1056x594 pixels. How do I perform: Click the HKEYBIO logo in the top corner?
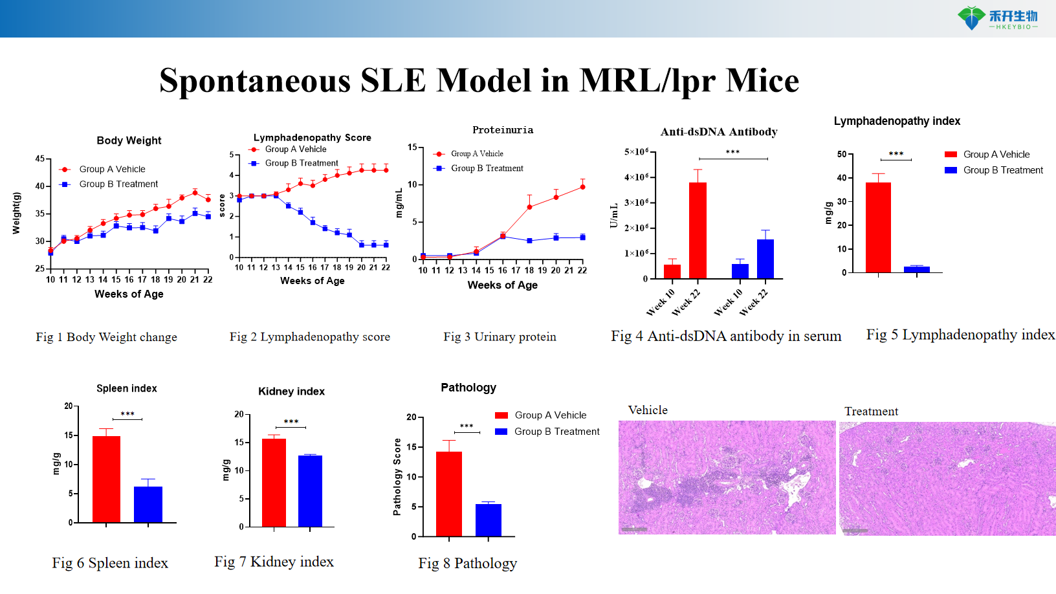point(998,18)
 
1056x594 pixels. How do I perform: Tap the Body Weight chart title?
point(129,140)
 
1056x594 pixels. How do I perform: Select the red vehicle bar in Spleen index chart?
point(106,479)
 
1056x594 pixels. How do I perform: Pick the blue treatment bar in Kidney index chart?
point(310,490)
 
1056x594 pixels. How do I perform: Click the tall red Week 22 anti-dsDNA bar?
point(698,230)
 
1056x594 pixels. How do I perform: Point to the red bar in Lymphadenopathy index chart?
point(878,227)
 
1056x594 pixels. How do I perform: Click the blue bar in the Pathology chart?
point(488,520)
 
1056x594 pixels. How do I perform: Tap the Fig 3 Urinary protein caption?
point(500,336)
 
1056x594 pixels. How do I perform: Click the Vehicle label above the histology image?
point(648,410)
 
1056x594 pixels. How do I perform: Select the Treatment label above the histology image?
point(871,412)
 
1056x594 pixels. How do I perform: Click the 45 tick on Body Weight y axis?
point(40,159)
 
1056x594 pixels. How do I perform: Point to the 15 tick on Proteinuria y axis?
point(412,148)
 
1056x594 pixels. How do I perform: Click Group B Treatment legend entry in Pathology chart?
point(556,432)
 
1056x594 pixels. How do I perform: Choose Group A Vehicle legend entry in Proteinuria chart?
point(477,154)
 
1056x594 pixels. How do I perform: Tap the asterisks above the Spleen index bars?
point(127,414)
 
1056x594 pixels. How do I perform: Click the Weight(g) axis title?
point(17,212)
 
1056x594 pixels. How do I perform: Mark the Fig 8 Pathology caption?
point(467,564)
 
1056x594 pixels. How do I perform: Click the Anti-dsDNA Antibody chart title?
point(719,132)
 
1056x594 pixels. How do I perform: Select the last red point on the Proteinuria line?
point(582,187)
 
